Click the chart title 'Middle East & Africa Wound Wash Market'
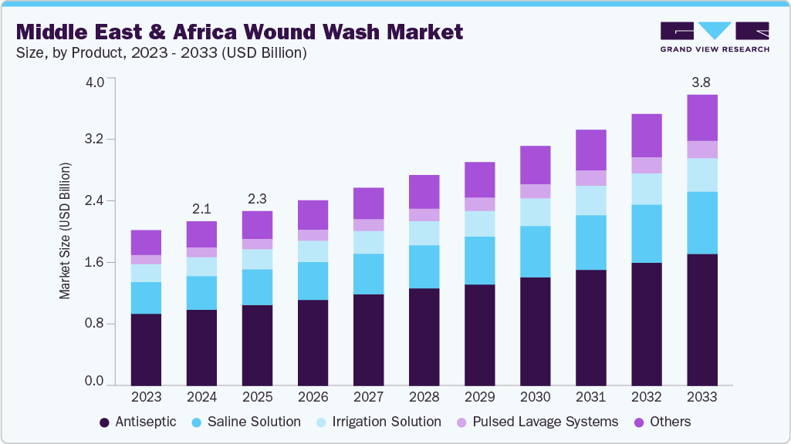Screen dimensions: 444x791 (x=240, y=32)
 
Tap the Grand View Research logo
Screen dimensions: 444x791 (x=714, y=36)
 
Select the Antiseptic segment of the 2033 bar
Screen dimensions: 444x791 (x=701, y=319)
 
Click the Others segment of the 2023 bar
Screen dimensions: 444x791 (x=146, y=242)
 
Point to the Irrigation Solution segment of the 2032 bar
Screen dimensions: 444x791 (x=646, y=189)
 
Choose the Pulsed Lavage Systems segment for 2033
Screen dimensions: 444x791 (x=701, y=150)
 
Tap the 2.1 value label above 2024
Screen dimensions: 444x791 (x=201, y=208)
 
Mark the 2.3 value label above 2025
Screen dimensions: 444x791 (x=257, y=198)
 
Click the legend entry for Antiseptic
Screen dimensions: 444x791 (x=138, y=422)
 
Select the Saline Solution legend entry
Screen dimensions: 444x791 (x=246, y=422)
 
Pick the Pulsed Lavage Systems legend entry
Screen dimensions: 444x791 (x=538, y=422)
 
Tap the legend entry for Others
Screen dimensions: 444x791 (x=661, y=422)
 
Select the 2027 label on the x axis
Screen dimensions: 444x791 (x=368, y=397)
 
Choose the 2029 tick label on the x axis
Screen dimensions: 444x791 (x=479, y=397)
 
